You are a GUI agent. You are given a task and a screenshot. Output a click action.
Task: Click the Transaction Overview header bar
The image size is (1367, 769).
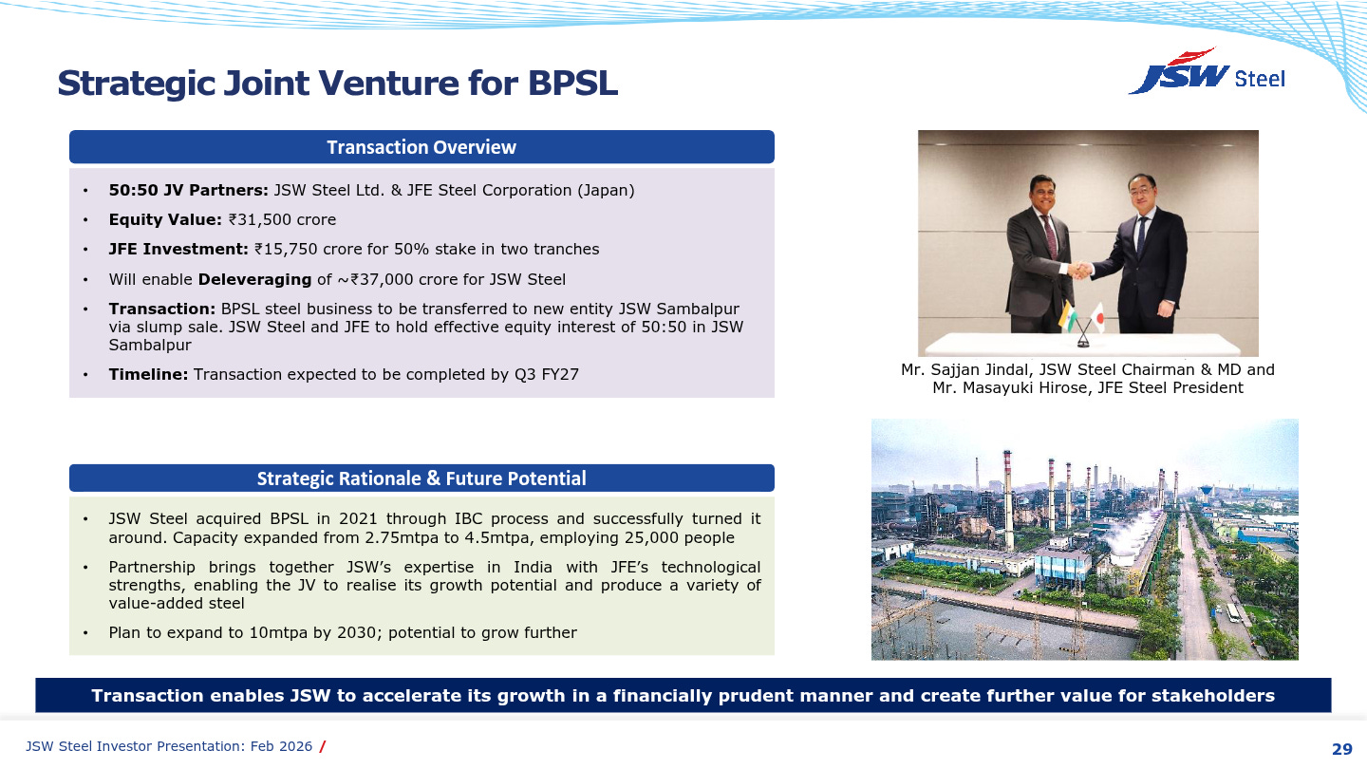[x=421, y=147]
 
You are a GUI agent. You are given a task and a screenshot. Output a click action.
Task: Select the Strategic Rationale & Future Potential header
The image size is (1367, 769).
[x=421, y=478]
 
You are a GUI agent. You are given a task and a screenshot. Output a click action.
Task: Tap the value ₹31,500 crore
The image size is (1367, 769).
[x=282, y=219]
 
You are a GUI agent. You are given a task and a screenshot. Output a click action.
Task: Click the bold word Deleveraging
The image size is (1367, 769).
[x=254, y=279]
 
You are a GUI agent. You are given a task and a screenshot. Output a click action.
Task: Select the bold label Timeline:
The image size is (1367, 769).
[x=148, y=374]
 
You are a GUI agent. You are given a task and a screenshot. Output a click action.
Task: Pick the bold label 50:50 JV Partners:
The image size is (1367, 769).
[x=189, y=190]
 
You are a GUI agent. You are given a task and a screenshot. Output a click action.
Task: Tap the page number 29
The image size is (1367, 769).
[x=1341, y=749]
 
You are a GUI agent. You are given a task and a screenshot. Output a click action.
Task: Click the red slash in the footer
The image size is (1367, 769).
[x=323, y=746]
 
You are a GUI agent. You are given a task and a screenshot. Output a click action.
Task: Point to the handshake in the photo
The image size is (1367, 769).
[x=1080, y=270]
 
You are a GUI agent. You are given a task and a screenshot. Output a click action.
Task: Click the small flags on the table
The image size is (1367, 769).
[x=1081, y=316]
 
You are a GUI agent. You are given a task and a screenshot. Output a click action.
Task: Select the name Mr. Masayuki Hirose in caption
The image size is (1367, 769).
[x=1011, y=387]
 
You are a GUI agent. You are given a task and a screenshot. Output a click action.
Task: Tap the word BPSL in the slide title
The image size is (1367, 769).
[x=572, y=84]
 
